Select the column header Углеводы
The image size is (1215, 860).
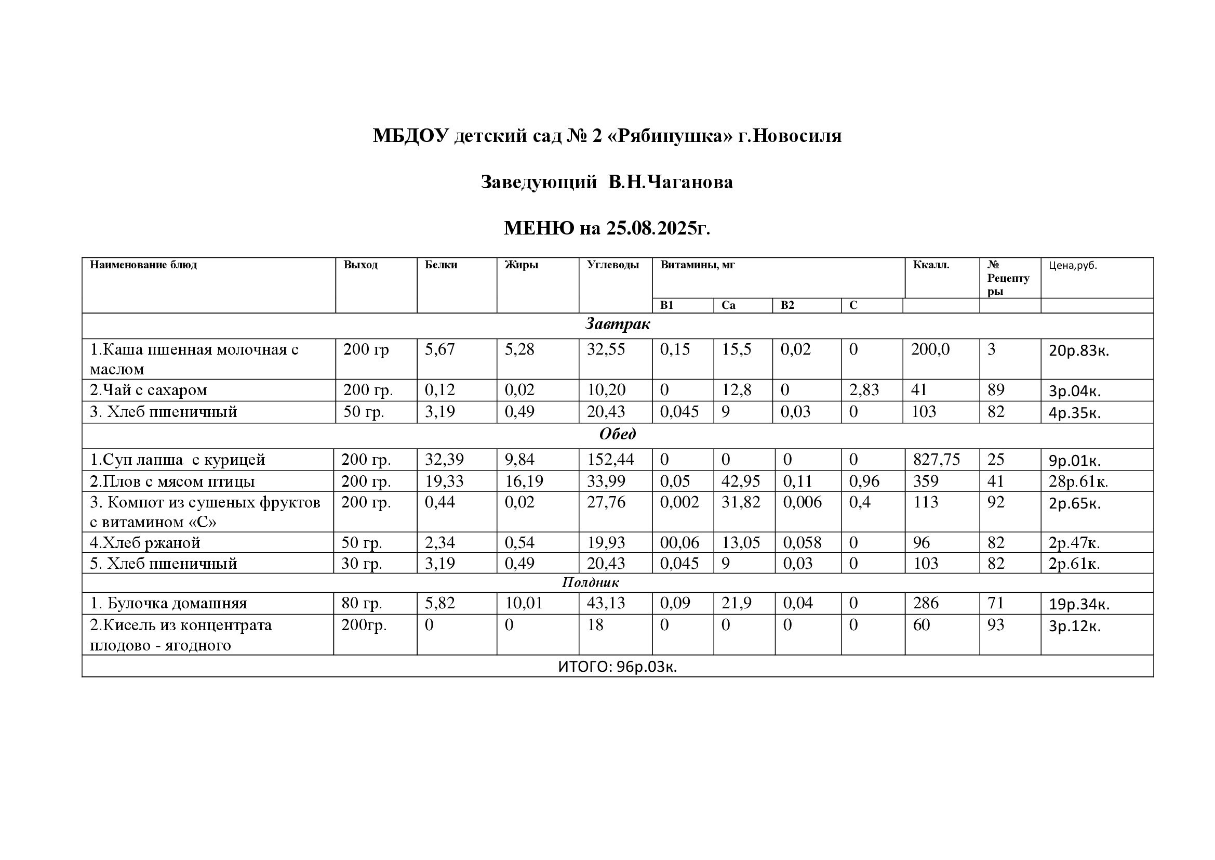(x=612, y=265)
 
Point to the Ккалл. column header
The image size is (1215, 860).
(x=931, y=265)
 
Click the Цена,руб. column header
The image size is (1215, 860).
(x=1073, y=265)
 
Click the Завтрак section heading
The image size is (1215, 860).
(x=617, y=324)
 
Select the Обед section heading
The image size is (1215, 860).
(x=617, y=434)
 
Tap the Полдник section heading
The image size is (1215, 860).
(x=590, y=582)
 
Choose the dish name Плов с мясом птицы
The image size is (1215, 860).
(x=172, y=481)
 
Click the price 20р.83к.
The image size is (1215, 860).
(x=1078, y=350)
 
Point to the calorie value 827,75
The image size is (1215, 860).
(x=936, y=460)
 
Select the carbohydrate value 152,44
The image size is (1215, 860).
(x=610, y=460)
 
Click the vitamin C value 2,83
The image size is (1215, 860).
(x=864, y=390)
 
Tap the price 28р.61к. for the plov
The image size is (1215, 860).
(x=1078, y=482)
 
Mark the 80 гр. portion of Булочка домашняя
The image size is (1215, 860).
(x=362, y=603)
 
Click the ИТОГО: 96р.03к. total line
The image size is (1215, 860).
(x=617, y=667)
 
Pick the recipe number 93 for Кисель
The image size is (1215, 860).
(x=995, y=626)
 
